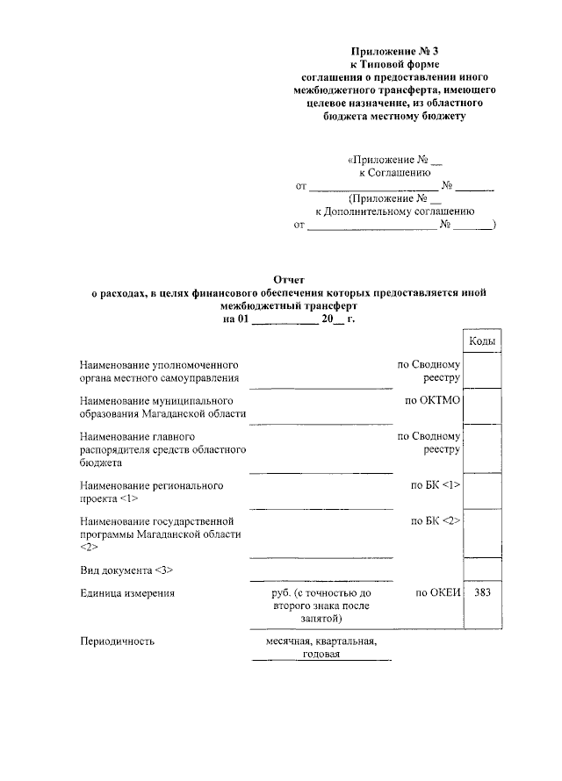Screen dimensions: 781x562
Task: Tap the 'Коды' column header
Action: coord(482,340)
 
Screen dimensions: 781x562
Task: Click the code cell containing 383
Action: coord(482,593)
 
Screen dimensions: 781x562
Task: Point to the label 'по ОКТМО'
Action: coord(433,400)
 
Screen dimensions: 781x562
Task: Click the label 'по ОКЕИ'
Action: coord(437,593)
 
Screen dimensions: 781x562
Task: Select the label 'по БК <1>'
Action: coord(436,484)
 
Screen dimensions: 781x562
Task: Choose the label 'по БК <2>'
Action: coord(436,521)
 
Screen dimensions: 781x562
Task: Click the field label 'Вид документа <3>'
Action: coord(126,570)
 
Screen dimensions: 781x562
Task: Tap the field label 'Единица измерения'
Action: coord(126,593)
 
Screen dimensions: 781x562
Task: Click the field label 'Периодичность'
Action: coord(117,641)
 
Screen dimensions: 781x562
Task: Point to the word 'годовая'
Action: coord(321,654)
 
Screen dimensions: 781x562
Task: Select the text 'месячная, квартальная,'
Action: coord(321,641)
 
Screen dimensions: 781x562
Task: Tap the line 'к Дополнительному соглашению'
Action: coord(395,211)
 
